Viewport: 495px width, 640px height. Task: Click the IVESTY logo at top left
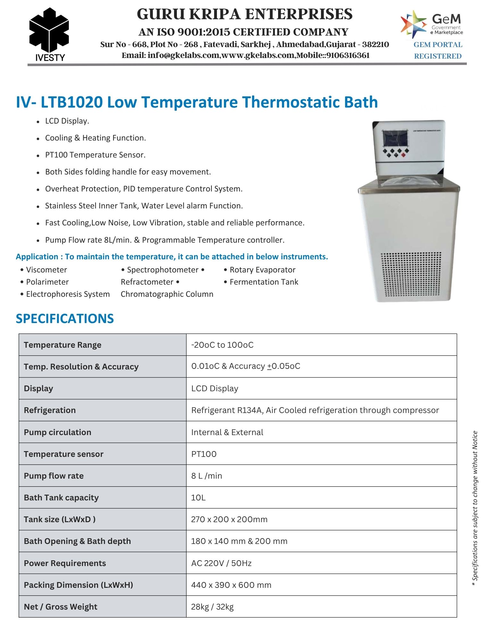[x=49, y=35]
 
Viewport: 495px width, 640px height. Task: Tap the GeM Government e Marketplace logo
[x=432, y=24]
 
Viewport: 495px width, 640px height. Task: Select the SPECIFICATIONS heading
[x=65, y=319]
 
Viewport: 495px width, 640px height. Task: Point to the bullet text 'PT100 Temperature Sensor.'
[x=95, y=155]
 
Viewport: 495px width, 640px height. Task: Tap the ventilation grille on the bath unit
[x=411, y=274]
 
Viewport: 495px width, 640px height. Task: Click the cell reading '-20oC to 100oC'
[x=222, y=345]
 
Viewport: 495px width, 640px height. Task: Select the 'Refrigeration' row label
[x=50, y=410]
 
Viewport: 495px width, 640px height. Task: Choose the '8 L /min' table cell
[x=207, y=476]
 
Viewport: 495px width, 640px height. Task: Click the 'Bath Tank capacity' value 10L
[x=198, y=498]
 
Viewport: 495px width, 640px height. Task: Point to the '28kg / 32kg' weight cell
[x=212, y=607]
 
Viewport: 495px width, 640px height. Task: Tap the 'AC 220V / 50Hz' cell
[x=221, y=563]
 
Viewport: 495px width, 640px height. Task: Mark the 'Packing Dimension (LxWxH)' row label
[x=78, y=585]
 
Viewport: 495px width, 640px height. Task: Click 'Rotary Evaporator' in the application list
[x=262, y=270]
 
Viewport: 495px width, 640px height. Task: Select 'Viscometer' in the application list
[x=46, y=270]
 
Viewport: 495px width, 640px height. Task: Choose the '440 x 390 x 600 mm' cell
[x=231, y=585]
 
